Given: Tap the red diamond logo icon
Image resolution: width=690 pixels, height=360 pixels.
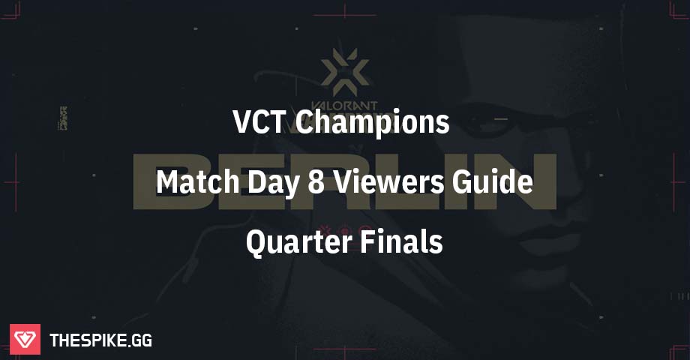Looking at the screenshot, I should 25,340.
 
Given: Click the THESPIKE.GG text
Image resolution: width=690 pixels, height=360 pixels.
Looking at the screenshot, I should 100,340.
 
